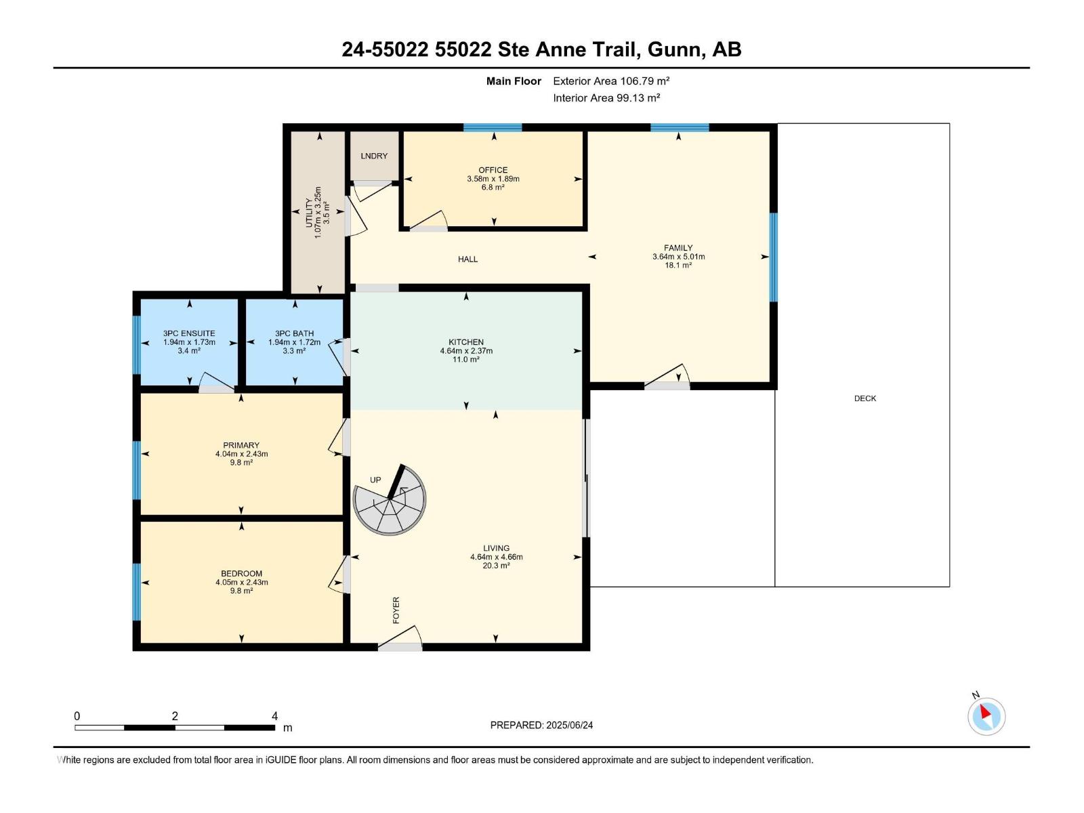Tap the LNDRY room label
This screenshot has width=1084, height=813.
point(374,156)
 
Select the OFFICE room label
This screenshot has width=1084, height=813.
point(493,170)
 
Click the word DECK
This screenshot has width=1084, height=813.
point(864,398)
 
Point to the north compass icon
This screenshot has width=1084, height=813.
point(986,715)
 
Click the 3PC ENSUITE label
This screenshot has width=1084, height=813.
point(189,333)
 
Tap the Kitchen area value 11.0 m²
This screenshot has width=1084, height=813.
point(466,360)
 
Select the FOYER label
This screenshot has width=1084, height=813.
point(396,610)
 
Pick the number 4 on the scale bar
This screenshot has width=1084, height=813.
point(274,716)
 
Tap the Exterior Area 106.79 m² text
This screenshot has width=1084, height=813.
point(611,81)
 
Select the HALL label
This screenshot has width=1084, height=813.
point(467,259)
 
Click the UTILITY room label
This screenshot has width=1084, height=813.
point(309,213)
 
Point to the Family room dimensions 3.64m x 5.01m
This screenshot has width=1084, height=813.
point(678,257)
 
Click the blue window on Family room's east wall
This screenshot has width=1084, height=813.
point(773,257)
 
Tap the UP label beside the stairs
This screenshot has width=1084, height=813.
point(375,480)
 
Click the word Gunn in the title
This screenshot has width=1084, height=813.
point(674,49)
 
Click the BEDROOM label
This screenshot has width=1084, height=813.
point(241,573)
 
